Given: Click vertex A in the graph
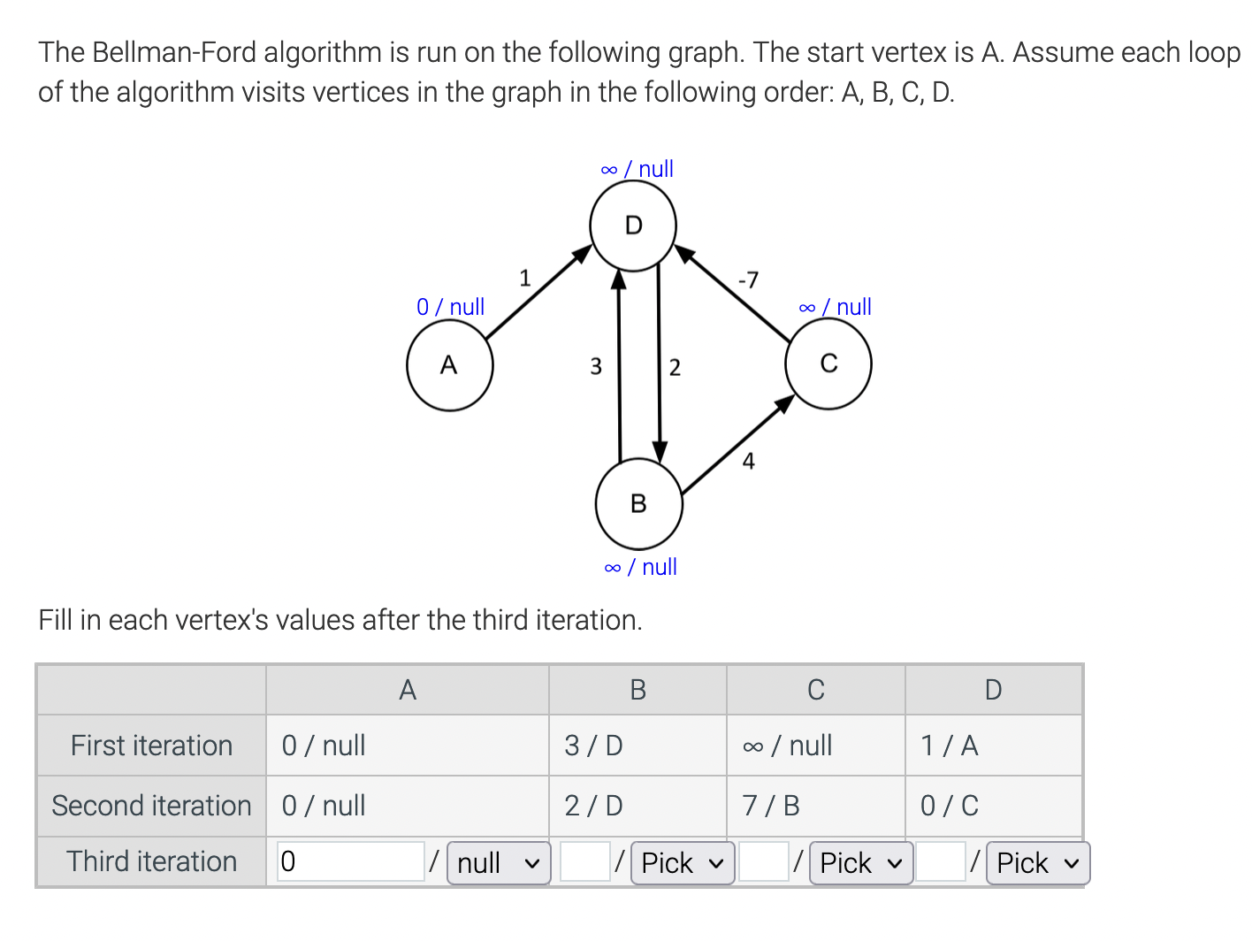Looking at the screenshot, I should pyautogui.click(x=449, y=365).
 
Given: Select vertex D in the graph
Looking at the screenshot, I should pyautogui.click(x=633, y=226).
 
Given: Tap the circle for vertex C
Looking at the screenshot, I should pyautogui.click(x=828, y=364).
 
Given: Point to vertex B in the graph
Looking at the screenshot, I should pyautogui.click(x=638, y=504).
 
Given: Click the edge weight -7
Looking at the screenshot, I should pyautogui.click(x=748, y=280).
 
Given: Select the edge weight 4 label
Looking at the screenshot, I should pyautogui.click(x=749, y=461).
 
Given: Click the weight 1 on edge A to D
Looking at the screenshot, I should pyautogui.click(x=524, y=279).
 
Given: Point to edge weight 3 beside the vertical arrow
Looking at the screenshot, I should pyautogui.click(x=596, y=366).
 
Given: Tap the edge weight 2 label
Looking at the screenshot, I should pyautogui.click(x=675, y=367).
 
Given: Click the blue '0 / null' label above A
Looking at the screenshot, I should pyautogui.click(x=450, y=307).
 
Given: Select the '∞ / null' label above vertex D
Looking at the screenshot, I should pyautogui.click(x=637, y=169).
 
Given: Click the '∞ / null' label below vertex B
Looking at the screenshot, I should pyautogui.click(x=640, y=567).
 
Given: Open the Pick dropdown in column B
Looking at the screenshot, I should pyautogui.click(x=682, y=863).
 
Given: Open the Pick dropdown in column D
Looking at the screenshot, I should pyautogui.click(x=1037, y=863).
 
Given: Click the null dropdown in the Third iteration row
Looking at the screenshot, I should pyautogui.click(x=499, y=863).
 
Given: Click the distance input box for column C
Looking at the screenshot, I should pyautogui.click(x=763, y=862).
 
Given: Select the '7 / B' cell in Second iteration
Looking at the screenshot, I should pyautogui.click(x=771, y=806).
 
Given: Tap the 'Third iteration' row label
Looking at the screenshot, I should pyautogui.click(x=152, y=861).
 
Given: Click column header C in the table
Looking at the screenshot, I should pyautogui.click(x=815, y=690).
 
